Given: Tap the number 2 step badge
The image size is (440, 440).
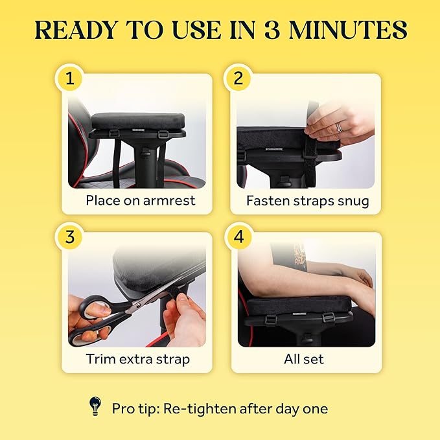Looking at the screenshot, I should [x=238, y=78].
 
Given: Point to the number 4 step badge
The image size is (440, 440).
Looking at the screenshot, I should [x=238, y=237].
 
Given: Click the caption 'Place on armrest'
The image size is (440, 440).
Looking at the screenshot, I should [x=141, y=200].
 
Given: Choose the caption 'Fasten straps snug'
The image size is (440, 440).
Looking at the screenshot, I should [x=307, y=200].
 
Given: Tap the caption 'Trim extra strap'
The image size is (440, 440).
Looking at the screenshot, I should [x=137, y=358].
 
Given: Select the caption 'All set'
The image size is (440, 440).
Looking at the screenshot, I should [x=303, y=358].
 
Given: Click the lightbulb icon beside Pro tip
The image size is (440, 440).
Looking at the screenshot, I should [x=95, y=406].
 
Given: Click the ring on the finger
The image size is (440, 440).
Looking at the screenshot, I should [x=338, y=128].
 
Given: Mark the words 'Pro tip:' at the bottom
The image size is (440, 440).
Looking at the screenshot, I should [x=137, y=409].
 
